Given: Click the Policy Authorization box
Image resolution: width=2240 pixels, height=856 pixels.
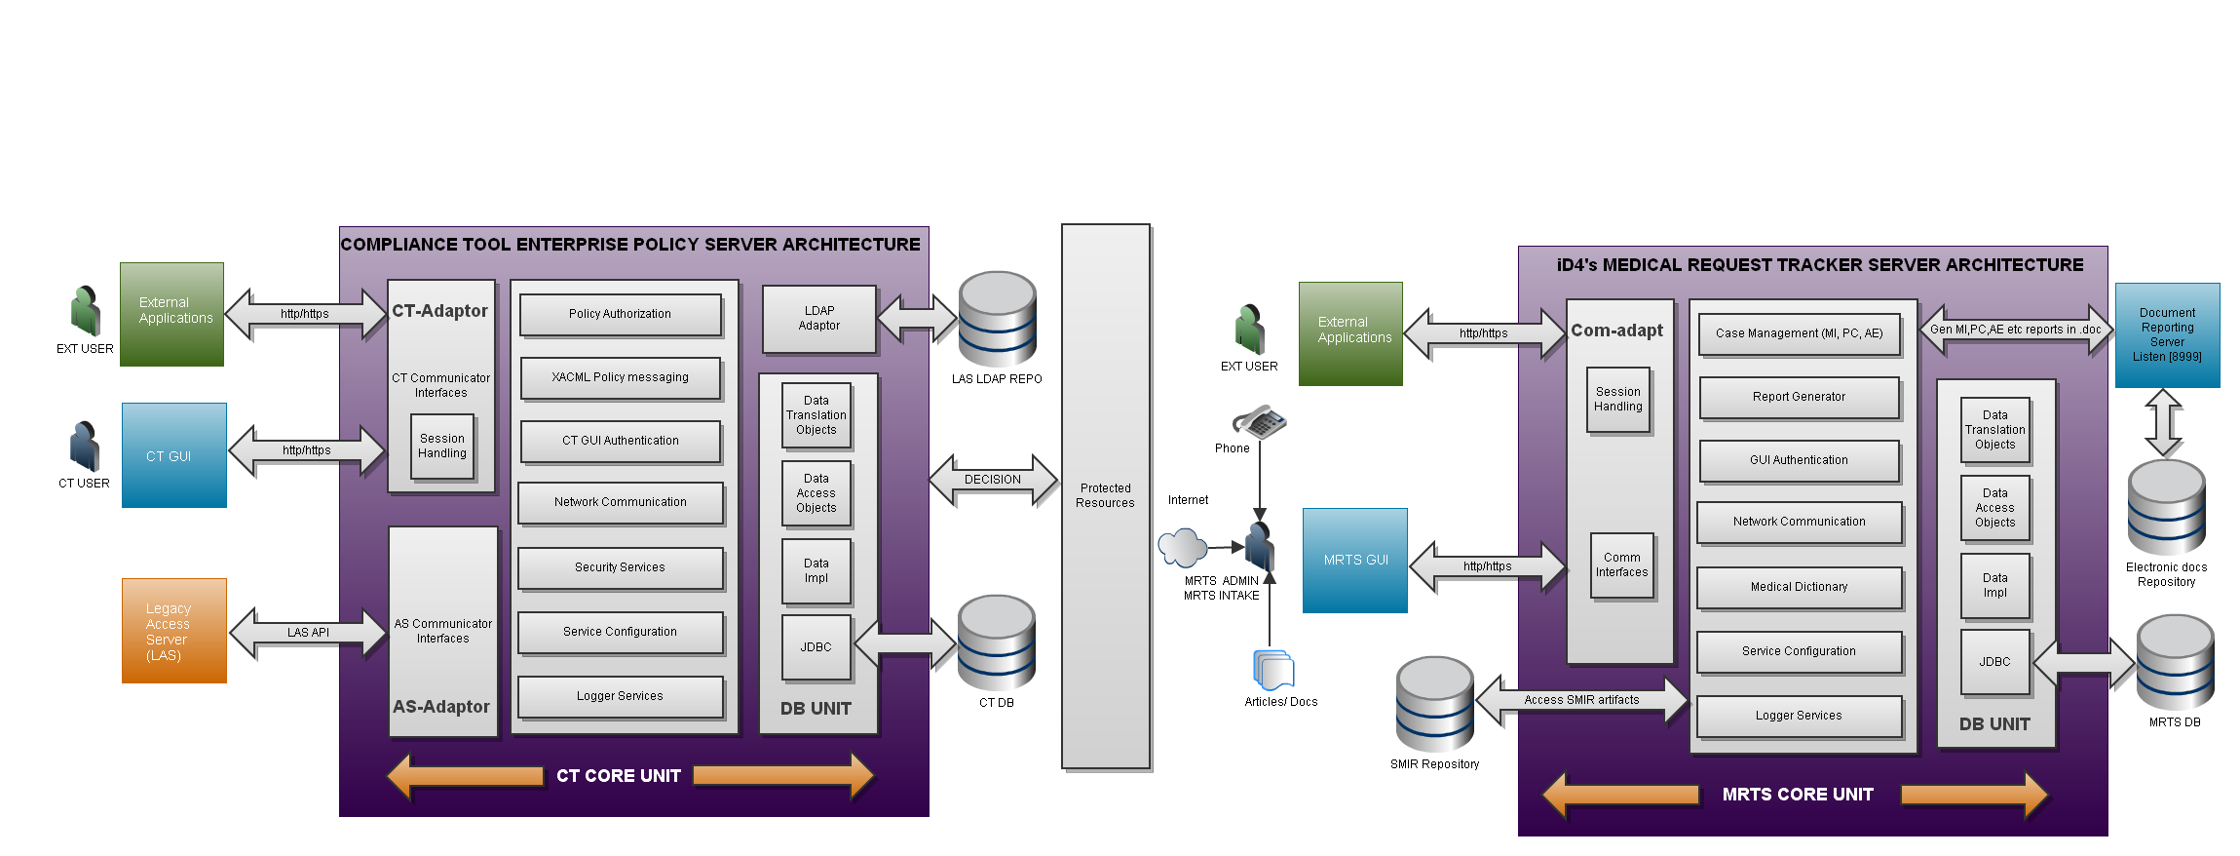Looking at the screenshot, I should tap(620, 314).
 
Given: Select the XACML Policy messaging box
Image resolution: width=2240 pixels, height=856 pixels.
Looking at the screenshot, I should tap(620, 377).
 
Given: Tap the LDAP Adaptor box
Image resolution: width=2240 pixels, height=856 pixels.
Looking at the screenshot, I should tap(818, 319).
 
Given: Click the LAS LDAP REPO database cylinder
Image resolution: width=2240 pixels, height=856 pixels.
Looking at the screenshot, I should tap(997, 319).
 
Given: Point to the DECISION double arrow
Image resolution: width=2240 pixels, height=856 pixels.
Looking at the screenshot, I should tap(993, 480).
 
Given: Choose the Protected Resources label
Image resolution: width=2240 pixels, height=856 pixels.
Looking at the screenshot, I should tap(1105, 495).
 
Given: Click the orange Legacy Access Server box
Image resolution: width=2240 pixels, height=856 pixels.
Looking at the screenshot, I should tap(173, 631).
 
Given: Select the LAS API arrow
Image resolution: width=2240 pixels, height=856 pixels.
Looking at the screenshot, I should tap(308, 633).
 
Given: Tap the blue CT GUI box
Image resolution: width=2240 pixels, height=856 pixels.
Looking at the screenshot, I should tap(173, 455).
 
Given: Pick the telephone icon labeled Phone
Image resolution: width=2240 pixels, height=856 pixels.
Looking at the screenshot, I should tap(1259, 422).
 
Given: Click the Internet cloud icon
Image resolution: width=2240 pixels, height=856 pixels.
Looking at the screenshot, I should tap(1183, 547).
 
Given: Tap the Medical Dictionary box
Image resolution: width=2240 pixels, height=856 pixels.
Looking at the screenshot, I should tap(1799, 587).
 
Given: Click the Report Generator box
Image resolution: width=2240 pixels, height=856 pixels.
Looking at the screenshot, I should tap(1799, 397).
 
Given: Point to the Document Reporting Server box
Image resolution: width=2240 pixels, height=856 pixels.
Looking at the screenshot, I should tap(2167, 335).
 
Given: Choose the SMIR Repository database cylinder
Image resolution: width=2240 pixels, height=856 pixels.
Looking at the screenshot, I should tap(1434, 704).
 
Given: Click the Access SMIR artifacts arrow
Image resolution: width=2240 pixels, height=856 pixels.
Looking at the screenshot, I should tap(1581, 700).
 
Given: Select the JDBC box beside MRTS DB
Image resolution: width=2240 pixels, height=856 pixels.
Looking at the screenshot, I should tap(1994, 662).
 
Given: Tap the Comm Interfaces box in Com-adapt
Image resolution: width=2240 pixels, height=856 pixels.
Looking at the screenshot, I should tap(1621, 565).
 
